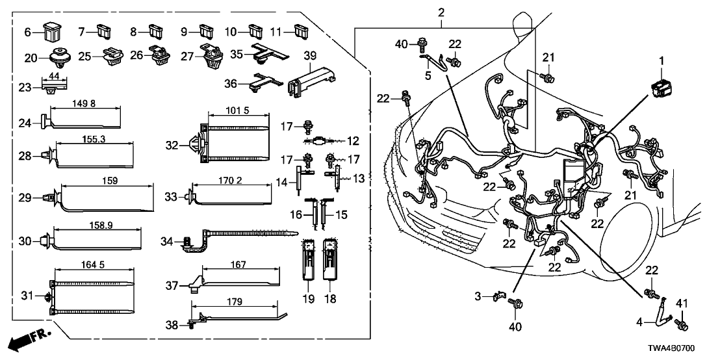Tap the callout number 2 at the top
tap(441, 12)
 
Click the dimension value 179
tap(235, 302)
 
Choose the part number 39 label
tap(310, 55)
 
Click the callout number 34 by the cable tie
tap(167, 242)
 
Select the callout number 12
tap(353, 140)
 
